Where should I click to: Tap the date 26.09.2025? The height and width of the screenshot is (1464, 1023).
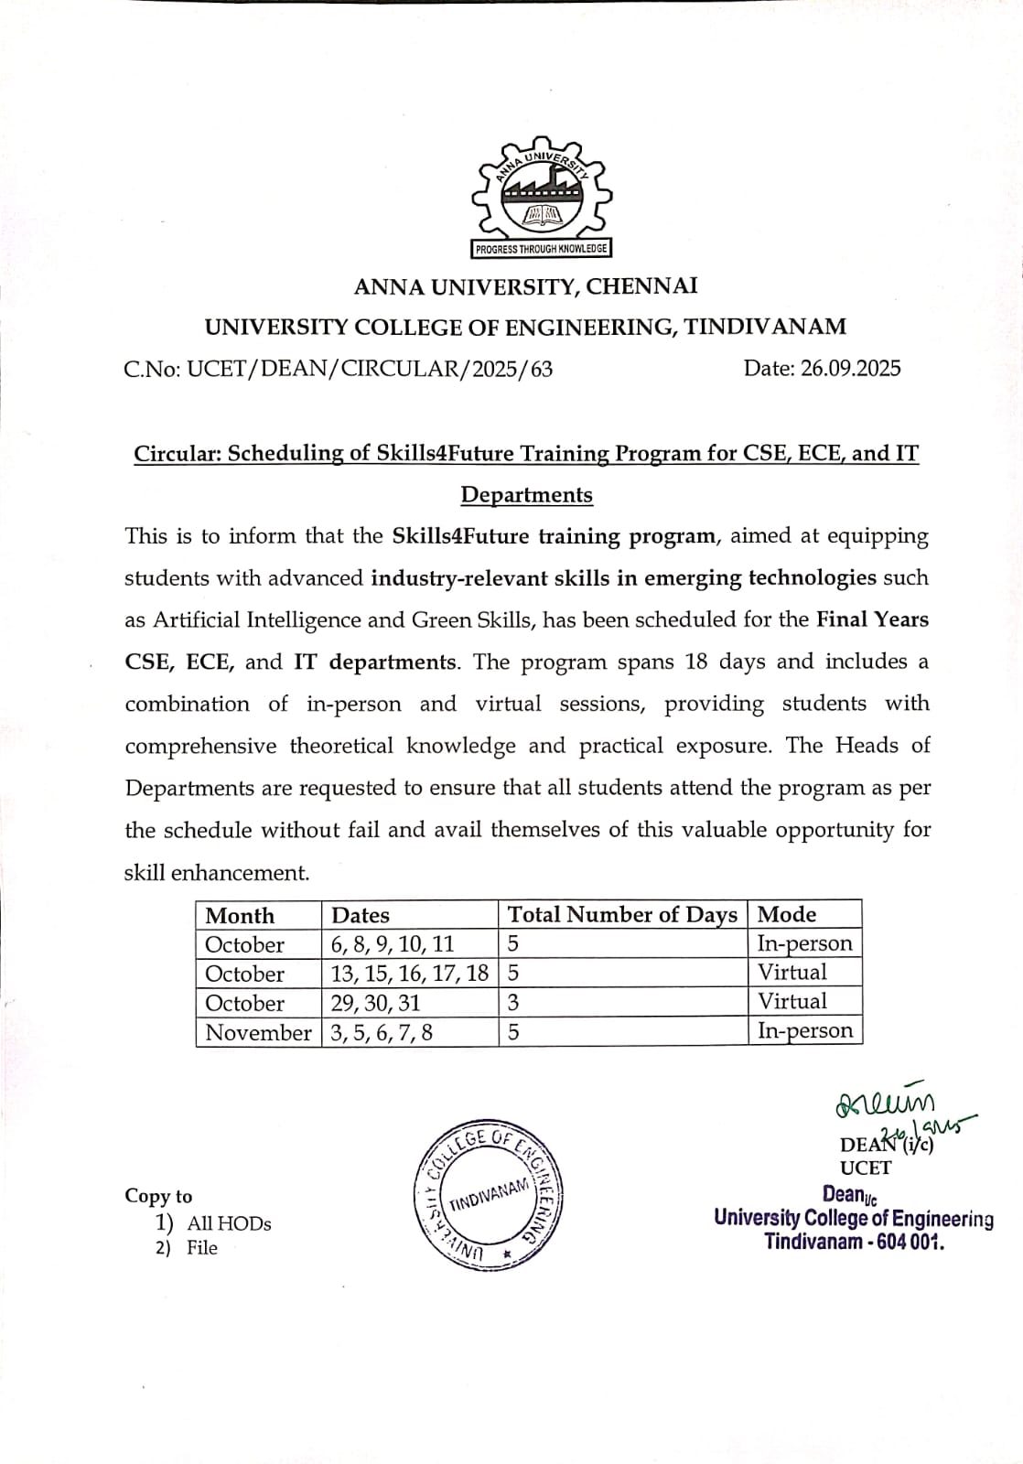click(x=850, y=368)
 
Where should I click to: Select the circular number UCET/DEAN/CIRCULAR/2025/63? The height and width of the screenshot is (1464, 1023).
click(x=370, y=369)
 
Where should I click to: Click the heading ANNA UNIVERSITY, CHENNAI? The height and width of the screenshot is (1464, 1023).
click(x=526, y=286)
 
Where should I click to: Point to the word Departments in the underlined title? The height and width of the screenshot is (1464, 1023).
click(x=526, y=495)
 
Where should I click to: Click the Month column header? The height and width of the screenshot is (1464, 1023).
click(x=240, y=915)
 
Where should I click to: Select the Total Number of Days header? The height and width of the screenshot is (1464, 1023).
click(x=622, y=914)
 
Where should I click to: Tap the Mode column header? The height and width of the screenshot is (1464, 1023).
click(x=787, y=914)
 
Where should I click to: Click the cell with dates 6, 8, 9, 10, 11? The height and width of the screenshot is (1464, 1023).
click(x=393, y=943)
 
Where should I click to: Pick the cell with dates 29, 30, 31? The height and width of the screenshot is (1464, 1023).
click(x=376, y=1002)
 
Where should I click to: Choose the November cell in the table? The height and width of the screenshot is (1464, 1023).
click(x=258, y=1032)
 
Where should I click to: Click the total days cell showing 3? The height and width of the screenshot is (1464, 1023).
click(x=513, y=1002)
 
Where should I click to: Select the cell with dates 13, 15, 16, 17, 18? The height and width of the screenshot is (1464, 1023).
click(x=409, y=973)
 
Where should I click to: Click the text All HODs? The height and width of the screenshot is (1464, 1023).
click(x=229, y=1223)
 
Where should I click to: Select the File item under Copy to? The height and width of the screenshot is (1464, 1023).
click(x=202, y=1248)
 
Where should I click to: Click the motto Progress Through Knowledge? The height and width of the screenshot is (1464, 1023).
click(x=541, y=249)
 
